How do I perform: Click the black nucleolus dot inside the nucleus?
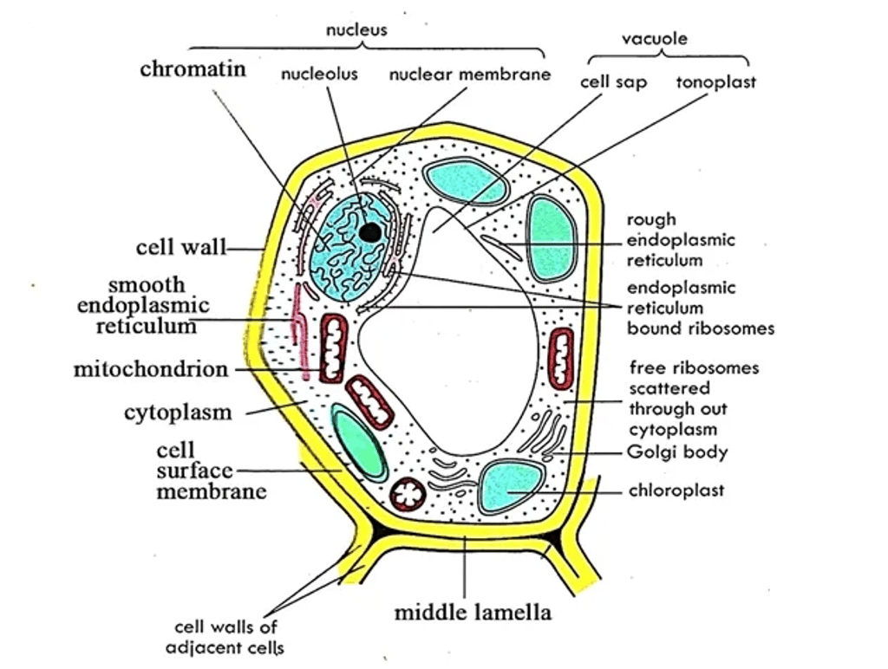click(x=370, y=231)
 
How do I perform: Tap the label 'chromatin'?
click(x=193, y=69)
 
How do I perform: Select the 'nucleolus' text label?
click(x=319, y=75)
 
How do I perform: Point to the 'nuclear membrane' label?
click(x=469, y=75)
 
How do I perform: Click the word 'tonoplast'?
click(x=715, y=82)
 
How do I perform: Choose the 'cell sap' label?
click(x=613, y=82)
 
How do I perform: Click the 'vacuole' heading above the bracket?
click(x=655, y=38)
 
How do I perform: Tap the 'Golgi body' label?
click(x=677, y=452)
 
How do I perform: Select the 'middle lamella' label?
click(x=473, y=613)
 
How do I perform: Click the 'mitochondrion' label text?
click(x=151, y=370)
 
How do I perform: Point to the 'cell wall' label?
click(x=180, y=248)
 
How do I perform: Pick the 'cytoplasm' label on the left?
click(x=178, y=412)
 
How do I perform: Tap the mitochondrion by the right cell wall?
click(x=562, y=357)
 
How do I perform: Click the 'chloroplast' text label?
click(x=676, y=490)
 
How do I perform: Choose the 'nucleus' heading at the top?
click(x=356, y=30)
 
